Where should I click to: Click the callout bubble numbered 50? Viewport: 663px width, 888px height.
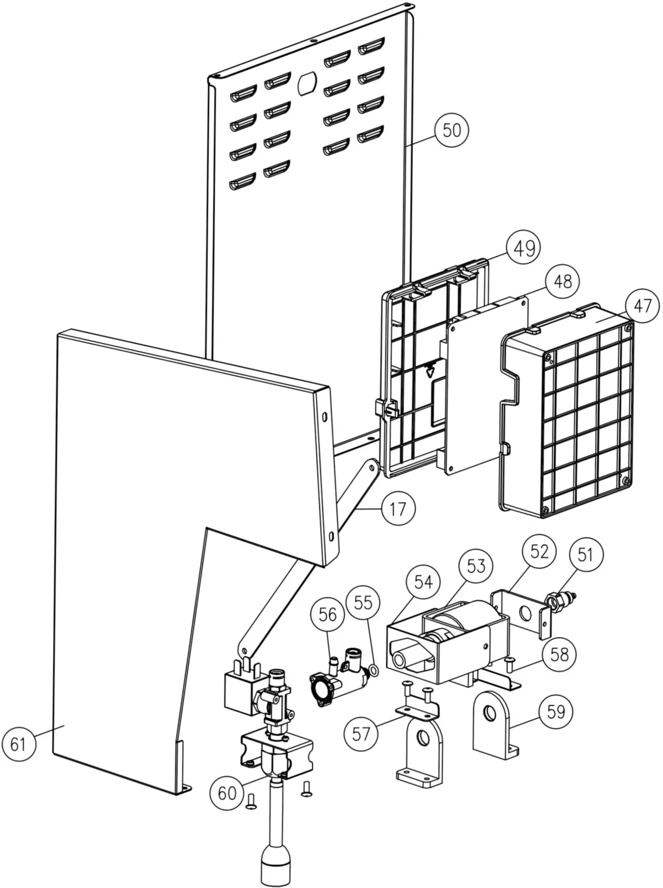[x=451, y=130]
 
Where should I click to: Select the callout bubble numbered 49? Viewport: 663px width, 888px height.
[x=524, y=248]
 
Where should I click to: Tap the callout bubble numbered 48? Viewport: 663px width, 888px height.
[x=561, y=281]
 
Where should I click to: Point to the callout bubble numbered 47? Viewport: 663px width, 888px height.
[x=642, y=306]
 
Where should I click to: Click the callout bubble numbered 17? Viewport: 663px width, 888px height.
[x=398, y=509]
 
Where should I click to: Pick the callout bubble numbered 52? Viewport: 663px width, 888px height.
[x=539, y=551]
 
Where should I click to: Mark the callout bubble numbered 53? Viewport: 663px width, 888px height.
[x=476, y=567]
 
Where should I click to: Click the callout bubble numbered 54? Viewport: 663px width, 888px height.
[x=423, y=582]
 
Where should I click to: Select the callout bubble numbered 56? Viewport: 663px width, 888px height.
[x=328, y=614]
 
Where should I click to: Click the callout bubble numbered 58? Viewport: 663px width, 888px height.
[x=559, y=654]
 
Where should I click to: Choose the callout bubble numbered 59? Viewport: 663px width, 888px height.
[x=556, y=711]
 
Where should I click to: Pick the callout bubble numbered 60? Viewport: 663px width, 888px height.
[x=227, y=794]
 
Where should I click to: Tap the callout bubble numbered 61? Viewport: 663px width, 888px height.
[x=18, y=744]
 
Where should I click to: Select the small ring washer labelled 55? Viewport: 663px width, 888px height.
[x=374, y=672]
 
